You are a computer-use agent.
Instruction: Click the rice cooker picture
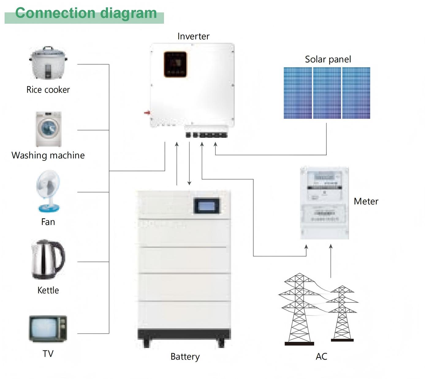(x=48, y=63)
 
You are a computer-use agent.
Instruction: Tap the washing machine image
(x=48, y=129)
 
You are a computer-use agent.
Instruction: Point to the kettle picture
(x=48, y=260)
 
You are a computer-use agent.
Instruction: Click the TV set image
(x=48, y=329)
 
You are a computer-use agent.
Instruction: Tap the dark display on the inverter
(x=175, y=64)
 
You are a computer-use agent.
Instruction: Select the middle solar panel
(x=327, y=93)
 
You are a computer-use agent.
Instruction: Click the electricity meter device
(x=324, y=203)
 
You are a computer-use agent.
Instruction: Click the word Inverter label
(x=193, y=36)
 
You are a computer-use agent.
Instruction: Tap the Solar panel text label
(x=328, y=59)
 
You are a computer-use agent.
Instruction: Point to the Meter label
(x=366, y=201)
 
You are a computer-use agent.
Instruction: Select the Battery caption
(x=185, y=357)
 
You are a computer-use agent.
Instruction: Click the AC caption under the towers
(x=321, y=356)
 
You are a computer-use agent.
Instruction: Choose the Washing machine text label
(x=48, y=155)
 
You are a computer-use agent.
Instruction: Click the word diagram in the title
(x=128, y=13)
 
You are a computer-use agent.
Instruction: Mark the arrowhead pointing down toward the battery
(x=189, y=183)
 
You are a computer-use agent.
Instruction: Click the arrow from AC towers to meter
(x=331, y=261)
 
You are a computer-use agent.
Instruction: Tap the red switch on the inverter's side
(x=147, y=113)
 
